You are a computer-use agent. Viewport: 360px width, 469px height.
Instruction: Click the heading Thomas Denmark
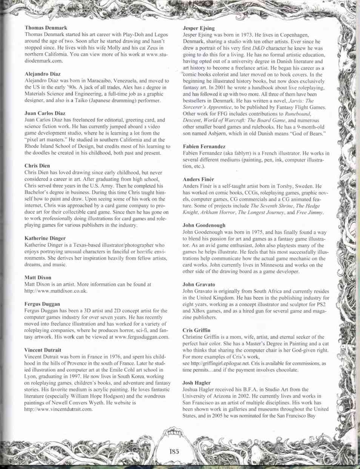(46, 28)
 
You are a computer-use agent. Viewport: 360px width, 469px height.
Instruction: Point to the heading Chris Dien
(37, 165)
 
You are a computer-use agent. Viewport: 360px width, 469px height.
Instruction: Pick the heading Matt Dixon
(38, 278)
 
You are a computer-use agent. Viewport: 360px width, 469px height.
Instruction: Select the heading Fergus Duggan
(42, 304)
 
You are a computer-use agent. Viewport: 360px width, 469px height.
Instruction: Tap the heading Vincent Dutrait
(43, 350)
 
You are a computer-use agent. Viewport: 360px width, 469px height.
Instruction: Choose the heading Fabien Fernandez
(204, 146)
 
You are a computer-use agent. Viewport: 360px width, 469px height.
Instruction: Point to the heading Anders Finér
(198, 179)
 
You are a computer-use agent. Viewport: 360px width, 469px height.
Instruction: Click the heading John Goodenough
(204, 225)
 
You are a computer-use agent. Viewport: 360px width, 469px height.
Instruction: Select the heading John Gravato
(198, 284)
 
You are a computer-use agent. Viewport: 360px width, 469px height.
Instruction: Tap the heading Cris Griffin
(196, 330)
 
